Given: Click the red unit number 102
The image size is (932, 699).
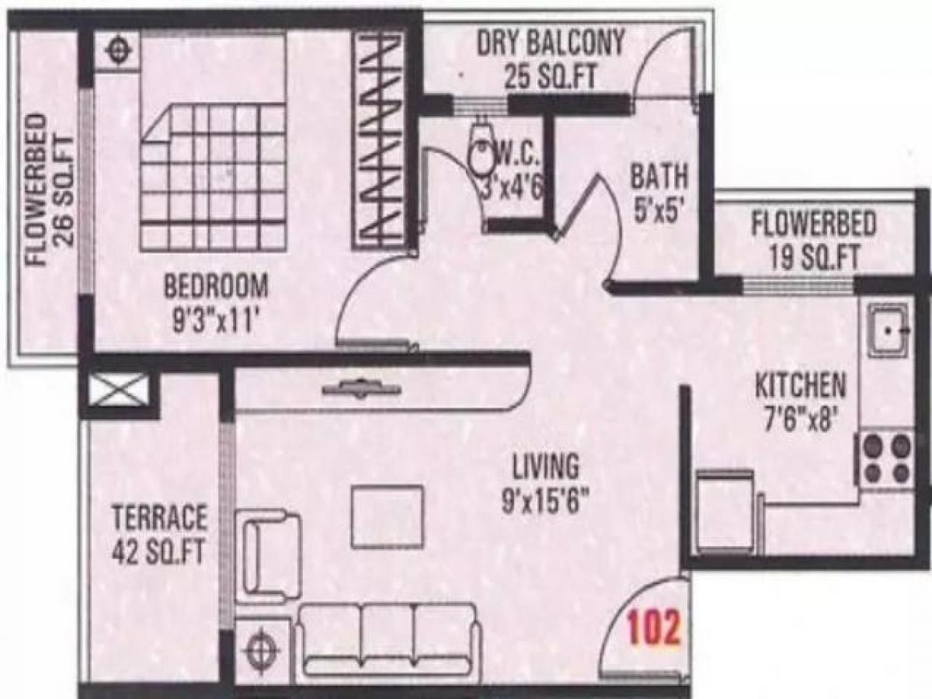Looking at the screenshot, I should click(x=654, y=628).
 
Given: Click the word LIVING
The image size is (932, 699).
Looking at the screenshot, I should click(x=545, y=468).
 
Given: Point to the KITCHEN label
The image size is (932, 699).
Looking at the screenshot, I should click(x=801, y=385).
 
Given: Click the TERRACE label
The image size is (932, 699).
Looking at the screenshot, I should click(x=159, y=516).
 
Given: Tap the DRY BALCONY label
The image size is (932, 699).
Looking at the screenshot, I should click(x=550, y=44).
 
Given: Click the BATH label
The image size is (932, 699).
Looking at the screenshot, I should click(x=659, y=177).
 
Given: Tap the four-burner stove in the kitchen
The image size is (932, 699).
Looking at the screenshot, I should click(x=887, y=459).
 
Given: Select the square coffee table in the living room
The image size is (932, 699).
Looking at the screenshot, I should click(x=387, y=516).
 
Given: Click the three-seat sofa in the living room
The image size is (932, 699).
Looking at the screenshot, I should click(x=388, y=638).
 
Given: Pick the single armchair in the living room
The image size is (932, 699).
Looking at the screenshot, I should click(x=271, y=555).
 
